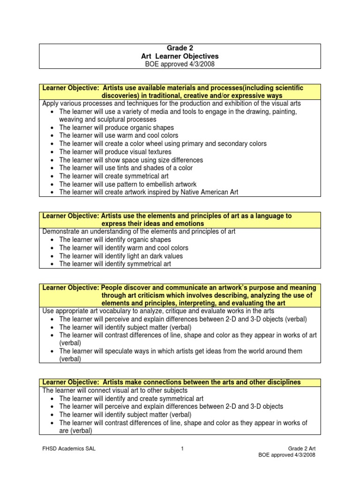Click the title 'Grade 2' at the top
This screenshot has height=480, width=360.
180,48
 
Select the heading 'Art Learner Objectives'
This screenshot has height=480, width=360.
180,56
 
